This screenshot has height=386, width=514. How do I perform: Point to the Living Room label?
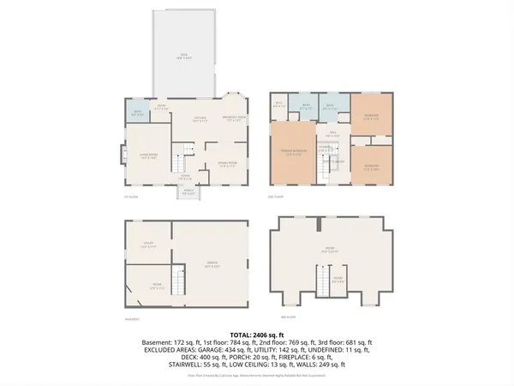[x=147, y=156]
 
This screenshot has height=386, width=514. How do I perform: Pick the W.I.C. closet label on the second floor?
[x=278, y=106]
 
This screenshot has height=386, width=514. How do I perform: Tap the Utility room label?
[x=147, y=245]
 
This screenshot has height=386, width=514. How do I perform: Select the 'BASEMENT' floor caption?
[x=132, y=319]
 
